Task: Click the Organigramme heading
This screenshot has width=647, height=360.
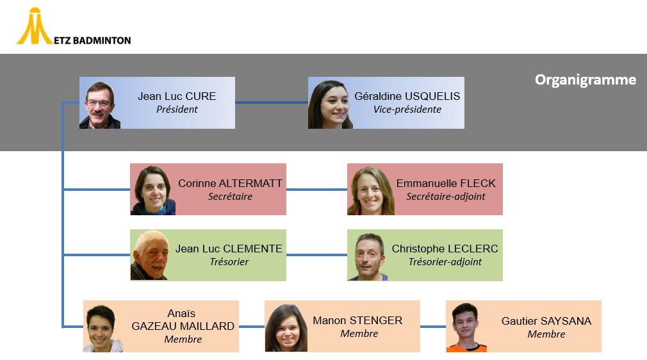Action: coord(585,80)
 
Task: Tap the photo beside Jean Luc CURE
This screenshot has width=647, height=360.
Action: coord(100,104)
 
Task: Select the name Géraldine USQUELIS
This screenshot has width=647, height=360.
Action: coord(407,96)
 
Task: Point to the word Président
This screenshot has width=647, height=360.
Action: coord(177,110)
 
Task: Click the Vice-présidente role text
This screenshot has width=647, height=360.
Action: coord(407,110)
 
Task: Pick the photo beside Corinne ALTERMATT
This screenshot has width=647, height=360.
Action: coord(153,190)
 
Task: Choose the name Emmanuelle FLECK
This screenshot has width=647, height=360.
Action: coord(446,183)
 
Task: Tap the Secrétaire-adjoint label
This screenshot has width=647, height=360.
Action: coord(446,197)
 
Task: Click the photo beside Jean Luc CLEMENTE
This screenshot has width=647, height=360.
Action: coord(149,256)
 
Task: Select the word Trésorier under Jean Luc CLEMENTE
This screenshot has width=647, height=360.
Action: coord(229,262)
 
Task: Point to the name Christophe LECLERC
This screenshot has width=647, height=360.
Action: coord(445,249)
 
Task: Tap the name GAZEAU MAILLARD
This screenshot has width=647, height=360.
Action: coord(183,326)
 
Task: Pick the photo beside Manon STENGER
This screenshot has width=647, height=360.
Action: coord(286,327)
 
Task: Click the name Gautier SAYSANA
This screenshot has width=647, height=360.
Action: coord(546,321)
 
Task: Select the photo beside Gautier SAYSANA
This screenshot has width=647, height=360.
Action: coord(466,327)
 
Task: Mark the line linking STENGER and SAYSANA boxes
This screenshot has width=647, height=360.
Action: coord(433,327)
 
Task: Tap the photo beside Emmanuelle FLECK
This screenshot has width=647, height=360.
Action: coord(370,190)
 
